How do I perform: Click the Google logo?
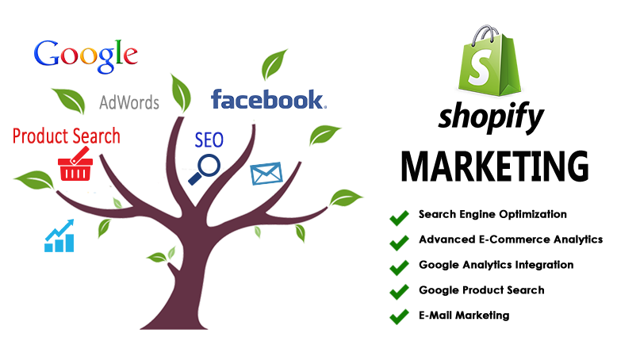coord(86,54)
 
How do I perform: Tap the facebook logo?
coord(267,101)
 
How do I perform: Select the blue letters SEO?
coord(209,140)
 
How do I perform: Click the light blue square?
coord(59,235)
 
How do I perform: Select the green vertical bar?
coord(399,267)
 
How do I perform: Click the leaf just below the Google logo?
coord(69,101)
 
